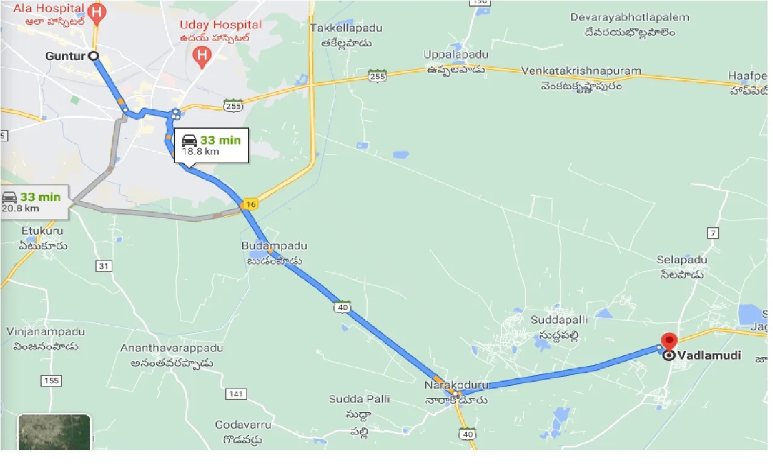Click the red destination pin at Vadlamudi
(669, 340)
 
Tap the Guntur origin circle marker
(94, 56)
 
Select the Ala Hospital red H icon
(96, 11)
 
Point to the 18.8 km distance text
(200, 152)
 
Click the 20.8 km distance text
(20, 208)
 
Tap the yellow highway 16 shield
(250, 204)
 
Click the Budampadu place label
(274, 246)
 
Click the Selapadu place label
(682, 259)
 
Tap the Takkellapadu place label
(340, 28)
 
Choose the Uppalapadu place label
(455, 55)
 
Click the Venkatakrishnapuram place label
(580, 71)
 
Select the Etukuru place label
(42, 231)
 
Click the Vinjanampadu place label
(45, 332)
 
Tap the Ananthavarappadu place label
(172, 349)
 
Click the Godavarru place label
(239, 425)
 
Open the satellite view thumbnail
(54, 432)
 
